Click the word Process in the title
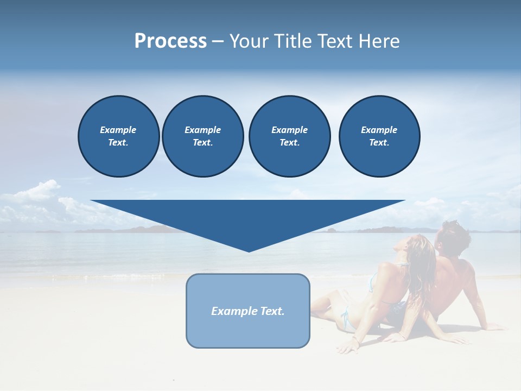(170, 41)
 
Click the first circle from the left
(118, 136)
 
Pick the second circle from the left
(202, 136)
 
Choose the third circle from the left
(289, 136)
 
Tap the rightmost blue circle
(379, 136)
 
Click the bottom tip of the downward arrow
(249, 251)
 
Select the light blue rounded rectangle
(247, 331)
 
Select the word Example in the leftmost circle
(118, 130)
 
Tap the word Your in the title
(247, 41)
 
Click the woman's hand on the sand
(347, 348)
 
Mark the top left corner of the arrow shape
(91, 201)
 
